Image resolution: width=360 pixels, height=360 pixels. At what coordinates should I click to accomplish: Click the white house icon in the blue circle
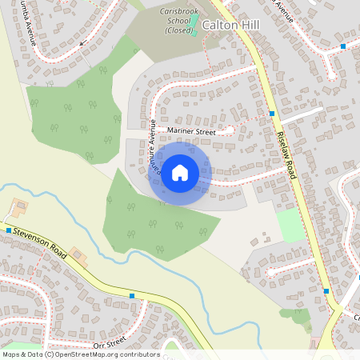pyautogui.click(x=180, y=173)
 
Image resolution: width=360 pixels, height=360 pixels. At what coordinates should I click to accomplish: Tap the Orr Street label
pyautogui.click(x=110, y=344)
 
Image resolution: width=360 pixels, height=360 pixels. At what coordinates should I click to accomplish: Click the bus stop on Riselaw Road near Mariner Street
pyautogui.click(x=272, y=114)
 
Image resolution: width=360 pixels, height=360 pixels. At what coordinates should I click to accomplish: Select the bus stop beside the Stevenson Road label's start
pyautogui.click(x=9, y=230)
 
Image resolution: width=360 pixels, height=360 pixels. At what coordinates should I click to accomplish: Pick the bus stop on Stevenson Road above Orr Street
pyautogui.click(x=131, y=296)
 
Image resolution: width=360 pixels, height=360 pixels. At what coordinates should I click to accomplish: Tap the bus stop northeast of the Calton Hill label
pyautogui.click(x=342, y=46)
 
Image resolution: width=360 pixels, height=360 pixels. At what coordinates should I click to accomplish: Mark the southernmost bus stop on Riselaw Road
pyautogui.click(x=326, y=291)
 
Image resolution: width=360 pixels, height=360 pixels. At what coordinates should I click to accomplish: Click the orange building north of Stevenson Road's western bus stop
pyautogui.click(x=18, y=210)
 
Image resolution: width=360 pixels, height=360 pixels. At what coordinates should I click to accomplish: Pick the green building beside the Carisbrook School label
pyautogui.click(x=194, y=17)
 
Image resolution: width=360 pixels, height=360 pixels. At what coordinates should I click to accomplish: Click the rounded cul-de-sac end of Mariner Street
pyautogui.click(x=230, y=128)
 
